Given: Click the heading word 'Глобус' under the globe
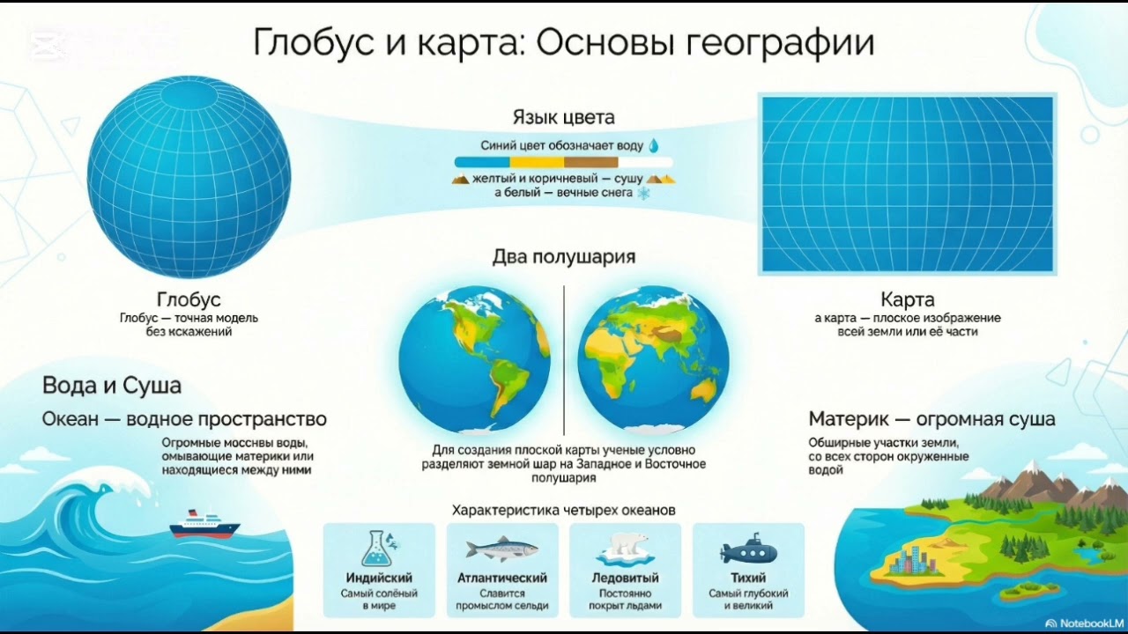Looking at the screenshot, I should (x=189, y=299).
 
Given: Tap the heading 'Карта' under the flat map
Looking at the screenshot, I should (x=907, y=299).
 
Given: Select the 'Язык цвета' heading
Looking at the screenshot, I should (x=563, y=117).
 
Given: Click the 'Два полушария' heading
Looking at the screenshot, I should (x=563, y=257).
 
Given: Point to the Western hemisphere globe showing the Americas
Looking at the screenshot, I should (x=474, y=359).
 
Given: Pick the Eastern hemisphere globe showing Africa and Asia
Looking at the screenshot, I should (x=653, y=359).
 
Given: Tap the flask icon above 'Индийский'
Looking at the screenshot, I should (x=379, y=548).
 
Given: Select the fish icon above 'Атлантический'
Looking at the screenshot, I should (x=501, y=549).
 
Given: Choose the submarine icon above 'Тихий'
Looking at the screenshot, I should (x=748, y=551).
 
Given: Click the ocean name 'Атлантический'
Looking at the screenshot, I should (x=501, y=579).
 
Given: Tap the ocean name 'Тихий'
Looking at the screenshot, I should (x=748, y=579).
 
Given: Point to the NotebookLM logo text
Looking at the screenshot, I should (x=1083, y=623).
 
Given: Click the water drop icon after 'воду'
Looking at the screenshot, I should (x=654, y=145).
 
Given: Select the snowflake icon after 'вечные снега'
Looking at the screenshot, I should (x=643, y=193).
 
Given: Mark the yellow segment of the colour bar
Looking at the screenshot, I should (x=537, y=162).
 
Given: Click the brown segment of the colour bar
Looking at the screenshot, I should (x=590, y=162).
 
